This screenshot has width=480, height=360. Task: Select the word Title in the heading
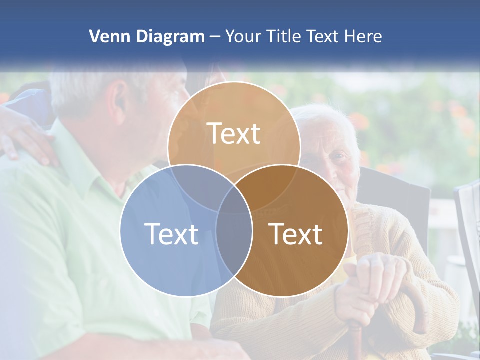pyautogui.click(x=286, y=36)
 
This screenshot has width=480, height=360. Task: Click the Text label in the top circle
pyautogui.click(x=234, y=133)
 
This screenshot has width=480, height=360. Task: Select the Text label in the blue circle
pyautogui.click(x=171, y=234)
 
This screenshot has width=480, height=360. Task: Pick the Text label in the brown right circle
pyautogui.click(x=296, y=234)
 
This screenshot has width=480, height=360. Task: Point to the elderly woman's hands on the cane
pyautogui.click(x=372, y=280)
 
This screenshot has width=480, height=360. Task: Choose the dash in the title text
pyautogui.click(x=215, y=37)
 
